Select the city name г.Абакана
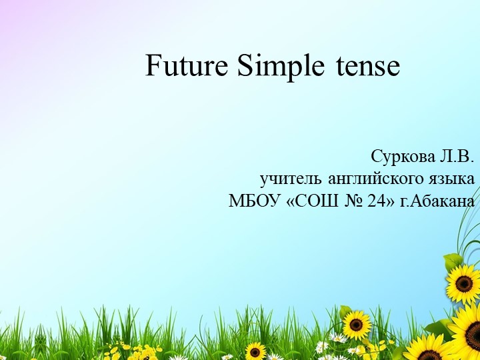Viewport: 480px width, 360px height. [x=437, y=201]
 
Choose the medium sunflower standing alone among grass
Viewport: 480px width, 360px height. [x=357, y=325]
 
